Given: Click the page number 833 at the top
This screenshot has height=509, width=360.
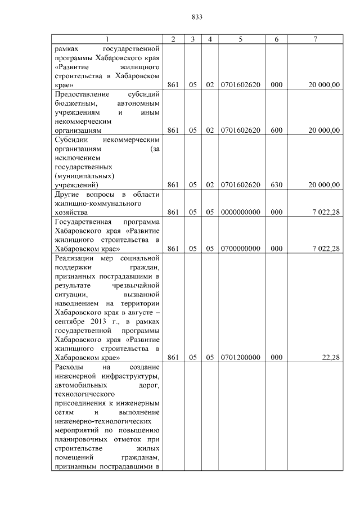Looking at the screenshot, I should (197, 17).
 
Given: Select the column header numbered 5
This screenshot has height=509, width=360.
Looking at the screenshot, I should (240, 39).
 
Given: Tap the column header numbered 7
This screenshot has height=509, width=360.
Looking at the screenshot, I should (316, 39).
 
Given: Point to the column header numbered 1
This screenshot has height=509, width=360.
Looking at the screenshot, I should (108, 39).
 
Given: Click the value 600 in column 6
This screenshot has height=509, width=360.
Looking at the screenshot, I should (277, 130).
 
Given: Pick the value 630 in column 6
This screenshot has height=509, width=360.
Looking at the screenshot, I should (277, 184).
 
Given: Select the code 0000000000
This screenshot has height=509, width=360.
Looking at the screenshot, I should (240, 213).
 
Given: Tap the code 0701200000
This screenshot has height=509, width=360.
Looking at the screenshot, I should (240, 357).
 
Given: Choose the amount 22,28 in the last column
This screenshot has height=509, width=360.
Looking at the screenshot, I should (331, 357).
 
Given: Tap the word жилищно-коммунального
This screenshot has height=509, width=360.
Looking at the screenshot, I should (98, 204).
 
